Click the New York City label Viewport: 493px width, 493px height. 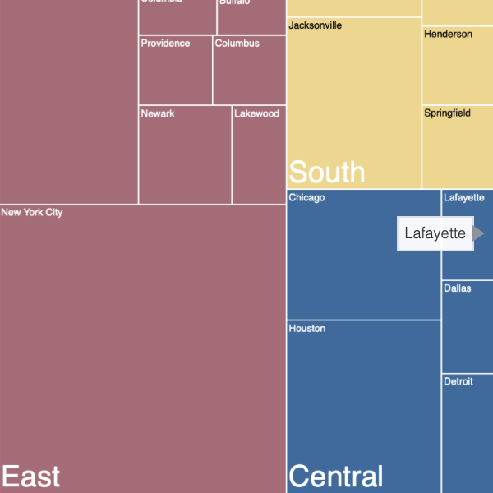coord(32,213)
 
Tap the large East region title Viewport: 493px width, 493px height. coord(30,477)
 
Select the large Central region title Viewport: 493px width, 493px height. coord(336,477)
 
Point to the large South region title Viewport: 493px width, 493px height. coord(326,173)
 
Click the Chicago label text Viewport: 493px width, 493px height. coord(306,198)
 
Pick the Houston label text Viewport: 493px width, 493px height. coord(307,329)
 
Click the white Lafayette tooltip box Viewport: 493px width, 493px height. coord(435,233)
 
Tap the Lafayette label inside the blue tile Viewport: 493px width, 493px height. coord(463,198)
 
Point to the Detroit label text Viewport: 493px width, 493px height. coord(458,382)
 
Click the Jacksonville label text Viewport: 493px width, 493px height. coord(316,25)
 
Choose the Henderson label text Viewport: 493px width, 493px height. coord(448,35)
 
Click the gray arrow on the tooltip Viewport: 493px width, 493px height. coord(479,233)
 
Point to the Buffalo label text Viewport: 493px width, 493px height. coord(234,2)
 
